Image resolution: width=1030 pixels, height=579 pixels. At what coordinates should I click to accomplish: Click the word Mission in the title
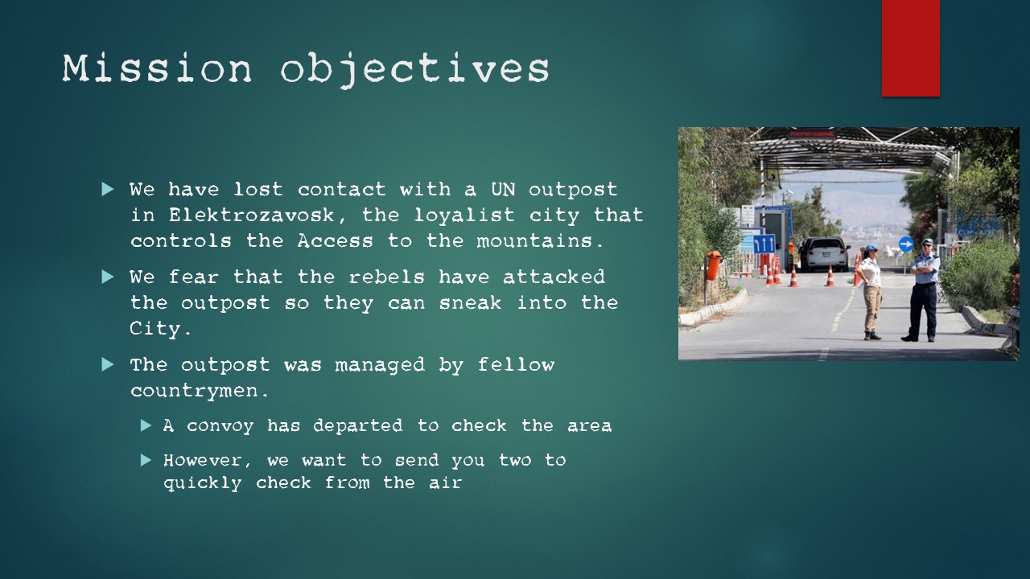pos(157,68)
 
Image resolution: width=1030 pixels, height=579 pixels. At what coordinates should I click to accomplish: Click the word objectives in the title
pos(414,70)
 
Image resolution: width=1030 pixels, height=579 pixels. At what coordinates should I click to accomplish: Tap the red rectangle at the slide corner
pos(910,47)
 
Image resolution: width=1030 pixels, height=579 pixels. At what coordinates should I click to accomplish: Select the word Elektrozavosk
pos(252,215)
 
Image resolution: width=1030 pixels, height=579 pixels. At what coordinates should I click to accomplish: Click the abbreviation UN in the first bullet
pos(503,189)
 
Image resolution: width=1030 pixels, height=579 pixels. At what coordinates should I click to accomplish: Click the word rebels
pos(386,277)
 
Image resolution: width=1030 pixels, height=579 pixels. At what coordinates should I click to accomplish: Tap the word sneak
pos(470,303)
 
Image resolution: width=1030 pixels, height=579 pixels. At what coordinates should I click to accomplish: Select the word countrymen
pos(194,391)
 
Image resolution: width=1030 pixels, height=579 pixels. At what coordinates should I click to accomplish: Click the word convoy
pos(220,426)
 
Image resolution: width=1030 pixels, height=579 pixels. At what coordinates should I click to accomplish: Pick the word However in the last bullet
pos(203,460)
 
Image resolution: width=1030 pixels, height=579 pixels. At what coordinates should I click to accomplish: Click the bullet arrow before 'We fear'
pos(108,277)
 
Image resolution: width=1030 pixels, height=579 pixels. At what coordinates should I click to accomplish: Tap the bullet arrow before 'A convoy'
pos(146,425)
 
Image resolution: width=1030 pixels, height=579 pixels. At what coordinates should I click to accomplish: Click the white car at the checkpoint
pos(826,254)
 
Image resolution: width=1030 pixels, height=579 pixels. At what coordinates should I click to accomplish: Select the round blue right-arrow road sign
pos(906,244)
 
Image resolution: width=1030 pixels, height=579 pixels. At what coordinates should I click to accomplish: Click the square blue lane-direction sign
pos(764,244)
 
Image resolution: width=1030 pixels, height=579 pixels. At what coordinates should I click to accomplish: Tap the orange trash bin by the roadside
pos(714,265)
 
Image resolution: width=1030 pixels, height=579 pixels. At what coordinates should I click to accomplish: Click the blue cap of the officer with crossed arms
pos(927,241)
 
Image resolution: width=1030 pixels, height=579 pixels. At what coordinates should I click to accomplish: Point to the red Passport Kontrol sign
pos(812,133)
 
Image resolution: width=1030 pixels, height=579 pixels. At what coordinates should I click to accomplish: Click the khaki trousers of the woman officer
pos(871,308)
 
